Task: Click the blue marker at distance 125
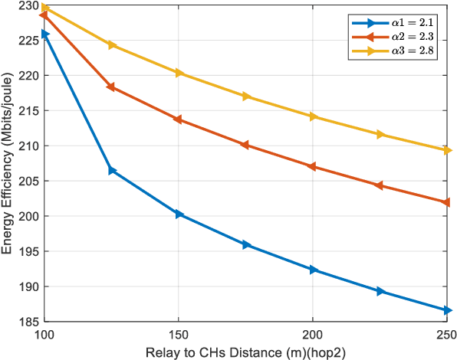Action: (x=112, y=170)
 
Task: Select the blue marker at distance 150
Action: (x=179, y=214)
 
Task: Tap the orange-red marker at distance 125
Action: (x=112, y=87)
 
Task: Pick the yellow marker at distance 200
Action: (x=313, y=116)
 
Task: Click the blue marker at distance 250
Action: (x=447, y=310)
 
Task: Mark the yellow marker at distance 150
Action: (x=179, y=73)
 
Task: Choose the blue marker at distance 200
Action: (x=313, y=270)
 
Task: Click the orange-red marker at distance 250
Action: (x=447, y=202)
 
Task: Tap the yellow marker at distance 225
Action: (x=380, y=134)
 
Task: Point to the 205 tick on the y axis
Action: (x=44, y=181)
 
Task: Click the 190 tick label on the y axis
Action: (x=31, y=286)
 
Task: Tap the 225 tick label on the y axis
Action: (x=31, y=40)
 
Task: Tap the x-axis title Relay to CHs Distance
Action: (x=245, y=351)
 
